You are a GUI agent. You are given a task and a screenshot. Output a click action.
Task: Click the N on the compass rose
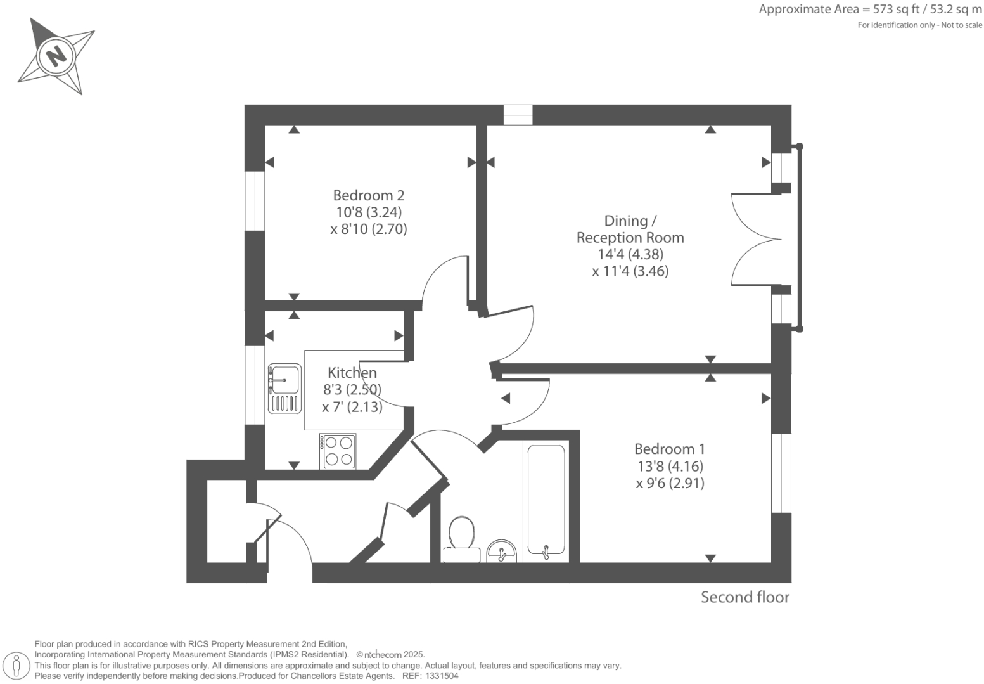click(x=56, y=56)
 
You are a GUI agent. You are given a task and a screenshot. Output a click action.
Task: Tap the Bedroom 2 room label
click(x=368, y=195)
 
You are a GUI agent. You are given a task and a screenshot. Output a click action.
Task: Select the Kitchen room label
click(x=352, y=373)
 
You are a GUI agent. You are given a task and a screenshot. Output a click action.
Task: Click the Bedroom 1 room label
click(x=669, y=449)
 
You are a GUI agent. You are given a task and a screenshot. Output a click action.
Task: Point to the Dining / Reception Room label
click(x=630, y=229)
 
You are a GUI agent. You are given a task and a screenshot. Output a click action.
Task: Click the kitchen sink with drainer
click(x=284, y=389)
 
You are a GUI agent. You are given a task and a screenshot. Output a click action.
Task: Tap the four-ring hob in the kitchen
click(x=338, y=451)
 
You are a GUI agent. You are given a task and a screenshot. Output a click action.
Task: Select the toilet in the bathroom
click(x=461, y=539)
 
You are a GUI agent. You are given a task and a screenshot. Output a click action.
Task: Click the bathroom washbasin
click(x=502, y=552)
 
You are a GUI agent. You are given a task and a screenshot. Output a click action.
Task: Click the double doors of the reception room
click(x=755, y=239)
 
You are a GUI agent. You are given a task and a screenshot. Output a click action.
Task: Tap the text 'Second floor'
click(x=744, y=597)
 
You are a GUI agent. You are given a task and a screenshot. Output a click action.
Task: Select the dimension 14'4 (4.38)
click(x=630, y=254)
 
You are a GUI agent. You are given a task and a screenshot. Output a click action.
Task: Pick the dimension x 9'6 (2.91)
click(x=670, y=483)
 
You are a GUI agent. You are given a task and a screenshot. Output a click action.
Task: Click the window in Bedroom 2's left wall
click(x=255, y=201)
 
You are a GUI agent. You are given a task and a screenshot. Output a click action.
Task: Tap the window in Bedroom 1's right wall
click(x=781, y=473)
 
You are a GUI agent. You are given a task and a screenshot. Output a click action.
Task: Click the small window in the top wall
click(x=518, y=115)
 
